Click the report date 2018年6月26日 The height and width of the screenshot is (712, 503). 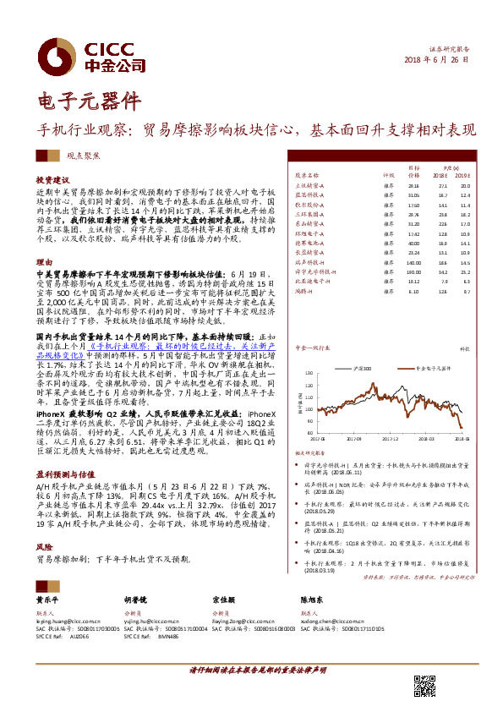tap(436, 62)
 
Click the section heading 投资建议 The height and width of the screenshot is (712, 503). tap(52, 181)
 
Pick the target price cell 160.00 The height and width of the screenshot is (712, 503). tap(413, 272)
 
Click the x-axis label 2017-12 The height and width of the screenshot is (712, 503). tap(390, 440)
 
